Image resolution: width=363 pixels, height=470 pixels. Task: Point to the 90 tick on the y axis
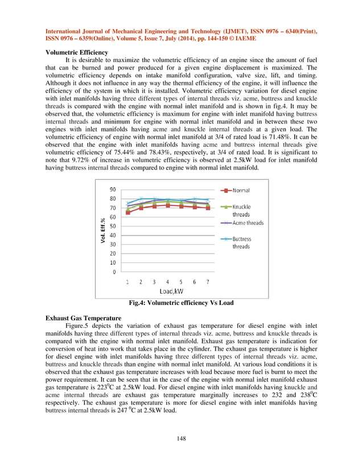[114, 189]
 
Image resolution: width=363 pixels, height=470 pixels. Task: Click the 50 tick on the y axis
[114, 226]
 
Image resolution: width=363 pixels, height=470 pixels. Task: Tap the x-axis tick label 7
[208, 282]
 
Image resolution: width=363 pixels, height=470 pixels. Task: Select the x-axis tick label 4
[167, 282]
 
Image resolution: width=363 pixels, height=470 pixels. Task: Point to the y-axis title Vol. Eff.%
[102, 232]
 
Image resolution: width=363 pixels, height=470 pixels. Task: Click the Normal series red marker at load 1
[128, 212]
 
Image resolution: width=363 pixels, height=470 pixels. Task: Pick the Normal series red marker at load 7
[208, 208]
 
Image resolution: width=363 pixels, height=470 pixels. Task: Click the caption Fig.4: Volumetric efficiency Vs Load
[181, 303]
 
